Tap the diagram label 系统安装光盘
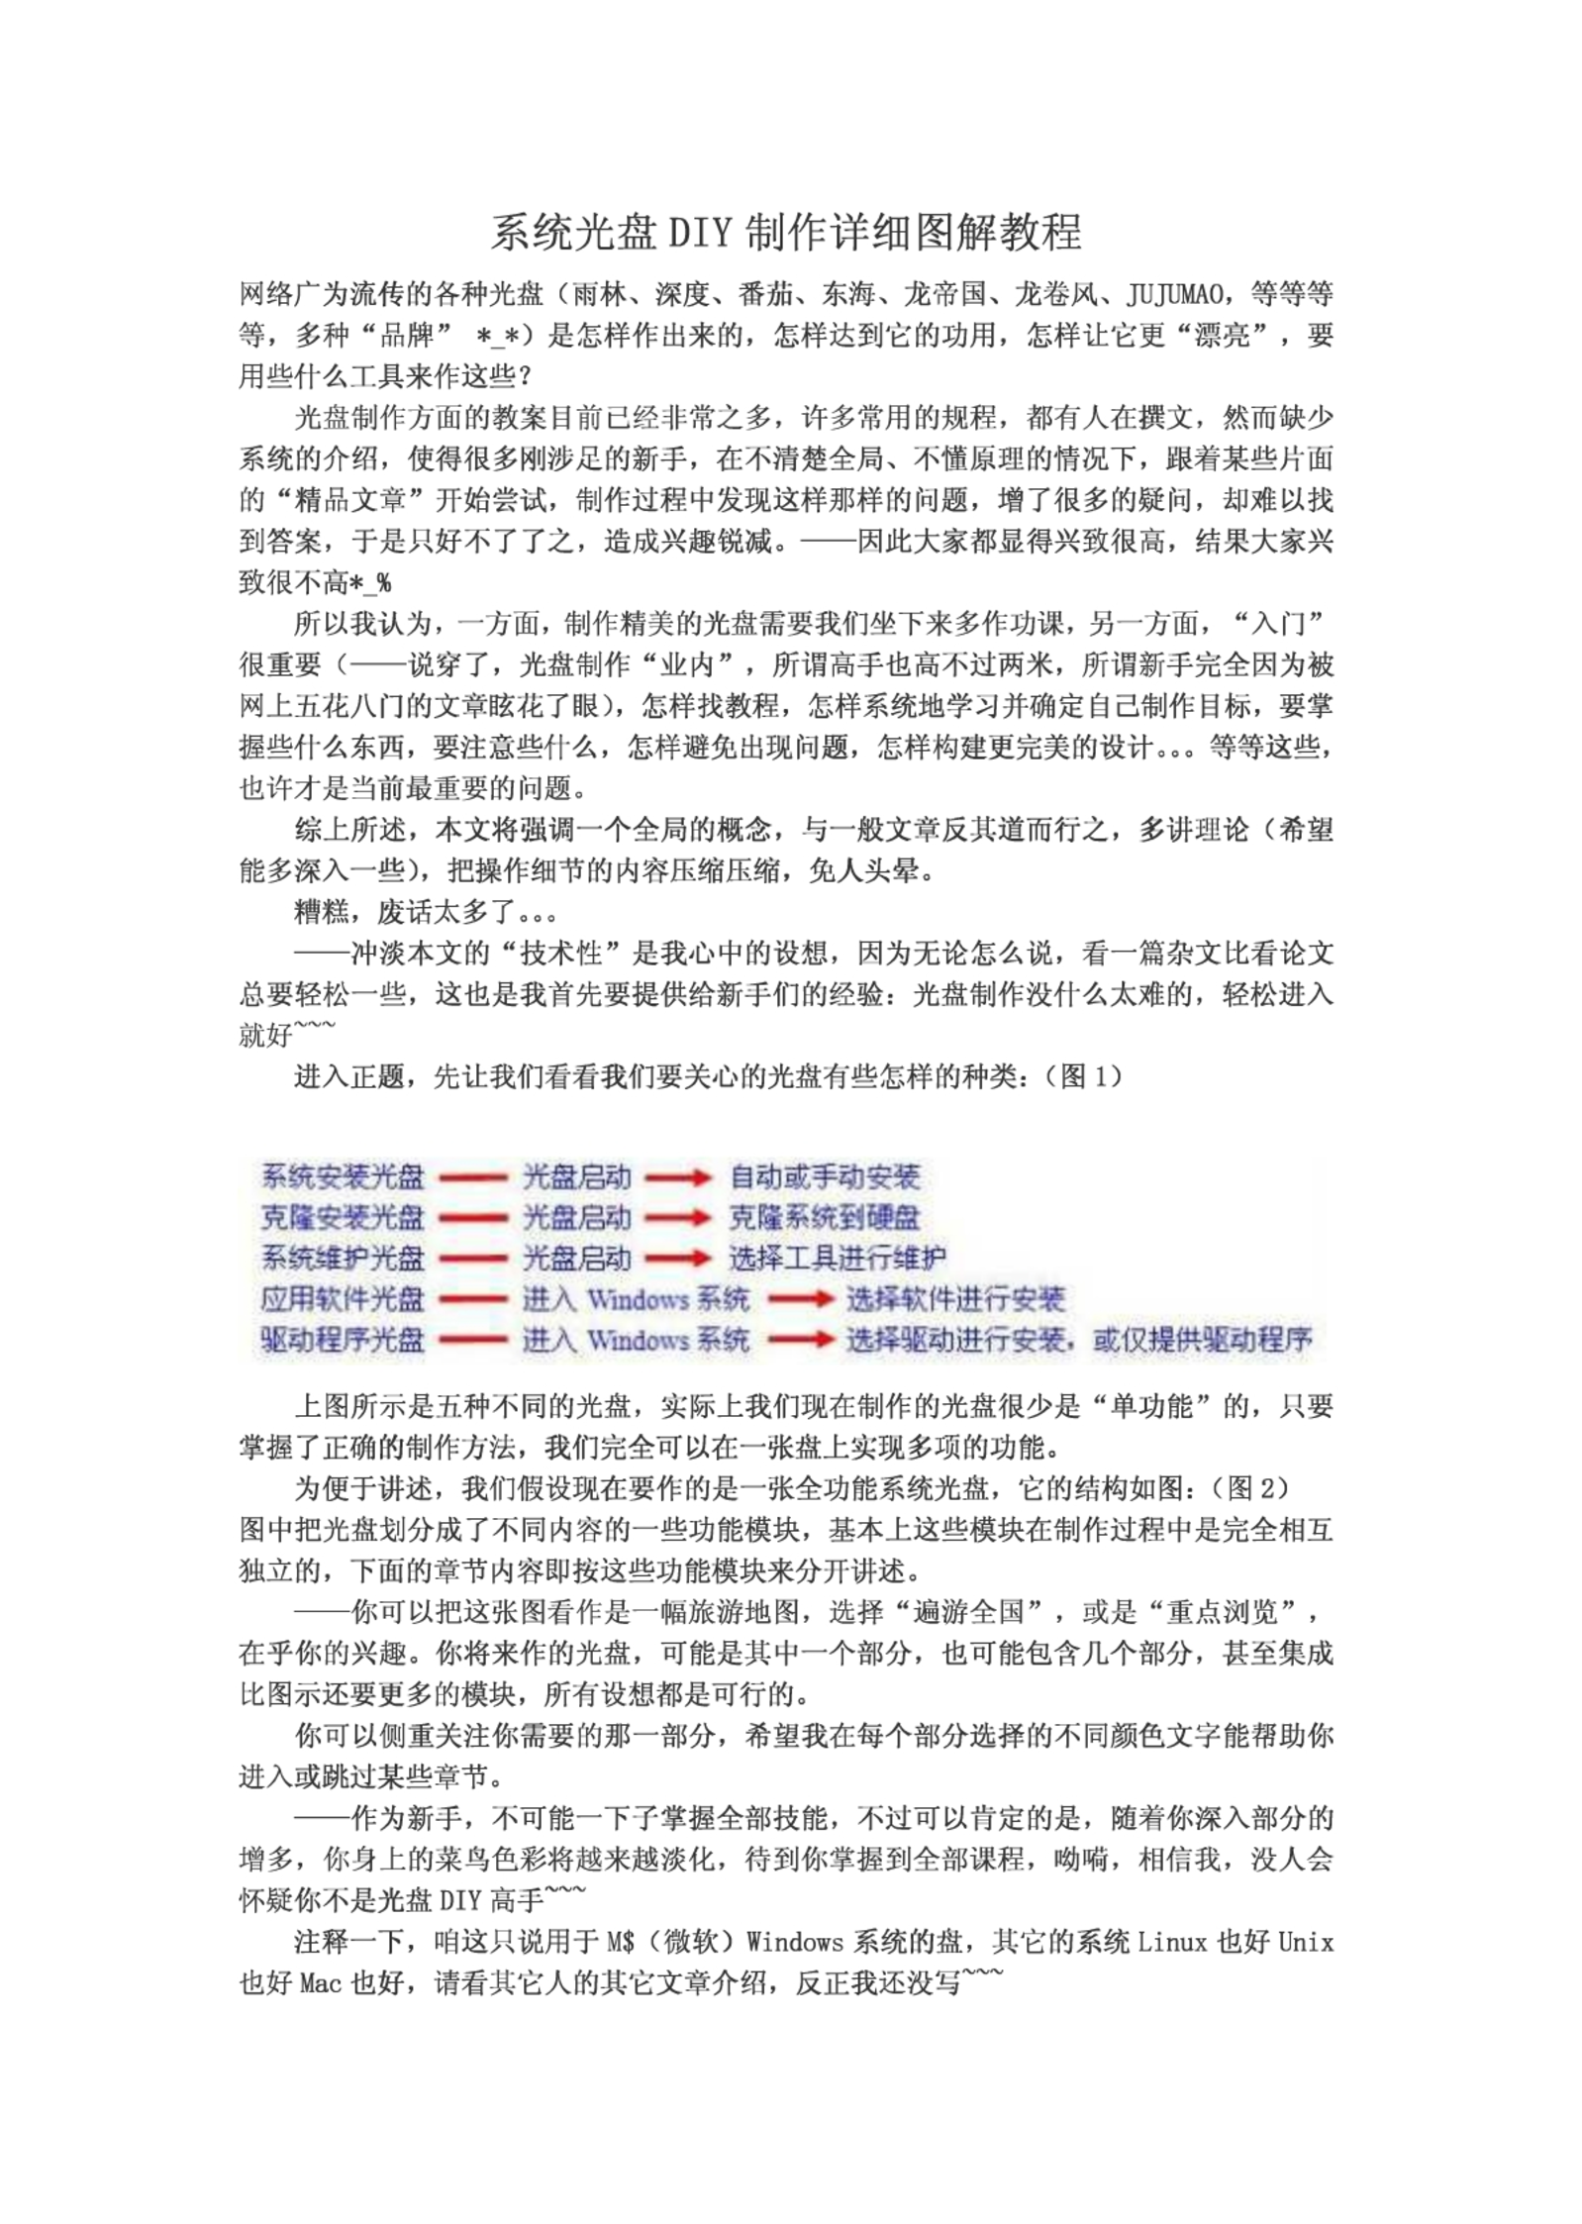tap(343, 1176)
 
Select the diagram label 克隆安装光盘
tap(343, 1217)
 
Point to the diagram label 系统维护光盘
tap(343, 1259)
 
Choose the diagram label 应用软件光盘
tap(343, 1299)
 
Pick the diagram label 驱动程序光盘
tap(343, 1340)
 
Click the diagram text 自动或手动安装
tap(825, 1176)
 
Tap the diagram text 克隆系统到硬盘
tap(825, 1217)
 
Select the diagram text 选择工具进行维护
tap(838, 1259)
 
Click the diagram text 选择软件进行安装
tap(954, 1299)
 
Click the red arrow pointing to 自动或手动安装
tap(678, 1177)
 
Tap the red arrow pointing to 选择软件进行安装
tap(800, 1299)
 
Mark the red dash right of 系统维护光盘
tap(473, 1259)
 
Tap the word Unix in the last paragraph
tap(1305, 1942)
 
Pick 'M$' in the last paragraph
tap(621, 1942)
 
